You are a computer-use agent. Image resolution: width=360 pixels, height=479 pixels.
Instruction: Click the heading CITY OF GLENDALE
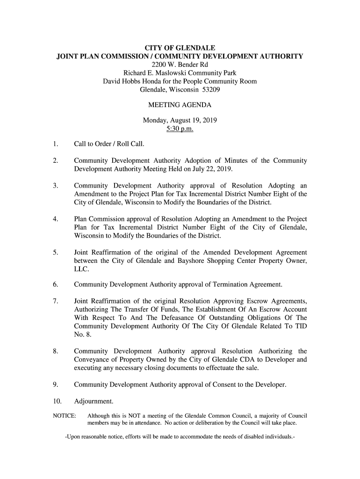tap(180, 48)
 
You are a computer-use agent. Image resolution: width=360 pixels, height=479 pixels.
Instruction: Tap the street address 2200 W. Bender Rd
tap(180, 65)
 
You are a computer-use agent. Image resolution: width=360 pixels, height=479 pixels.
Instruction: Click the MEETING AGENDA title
tap(180, 105)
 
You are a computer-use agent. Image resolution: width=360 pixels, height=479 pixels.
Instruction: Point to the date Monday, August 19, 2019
tap(180, 120)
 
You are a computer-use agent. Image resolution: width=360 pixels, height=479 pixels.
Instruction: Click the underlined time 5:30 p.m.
tap(180, 129)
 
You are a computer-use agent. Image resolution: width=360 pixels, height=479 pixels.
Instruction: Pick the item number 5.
tap(55, 253)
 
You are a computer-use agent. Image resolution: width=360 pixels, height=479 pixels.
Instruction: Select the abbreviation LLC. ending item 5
tap(82, 269)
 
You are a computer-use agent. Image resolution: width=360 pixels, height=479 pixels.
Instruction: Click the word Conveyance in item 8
tap(94, 360)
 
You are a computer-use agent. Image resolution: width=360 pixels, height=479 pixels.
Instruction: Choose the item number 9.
tap(55, 385)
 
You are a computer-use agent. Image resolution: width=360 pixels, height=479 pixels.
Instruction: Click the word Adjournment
tap(94, 401)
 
